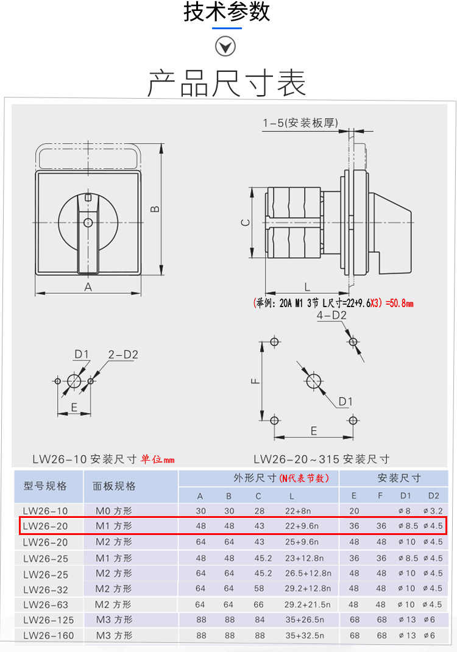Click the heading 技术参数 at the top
(227, 12)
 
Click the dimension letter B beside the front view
(155, 209)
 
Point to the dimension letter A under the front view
(88, 287)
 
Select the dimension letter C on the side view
(244, 223)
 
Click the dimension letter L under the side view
(307, 286)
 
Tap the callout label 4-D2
(331, 315)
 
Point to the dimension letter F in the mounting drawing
(256, 381)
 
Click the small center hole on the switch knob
(88, 222)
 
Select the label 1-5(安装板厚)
(300, 123)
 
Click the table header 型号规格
(45, 486)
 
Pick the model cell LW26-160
(49, 636)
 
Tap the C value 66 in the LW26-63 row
(258, 604)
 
